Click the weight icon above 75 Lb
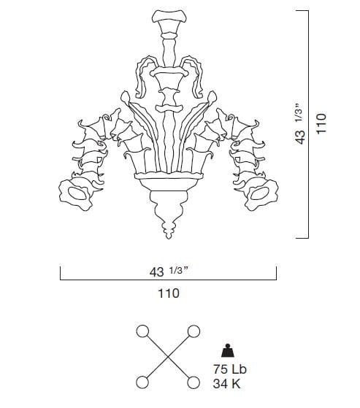227,350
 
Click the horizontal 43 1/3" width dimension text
168,272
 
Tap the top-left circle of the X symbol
142,331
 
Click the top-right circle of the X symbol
194,331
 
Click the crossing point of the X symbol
167,357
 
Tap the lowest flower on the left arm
75,192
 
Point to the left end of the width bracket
59,275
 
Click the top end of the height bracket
308,9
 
